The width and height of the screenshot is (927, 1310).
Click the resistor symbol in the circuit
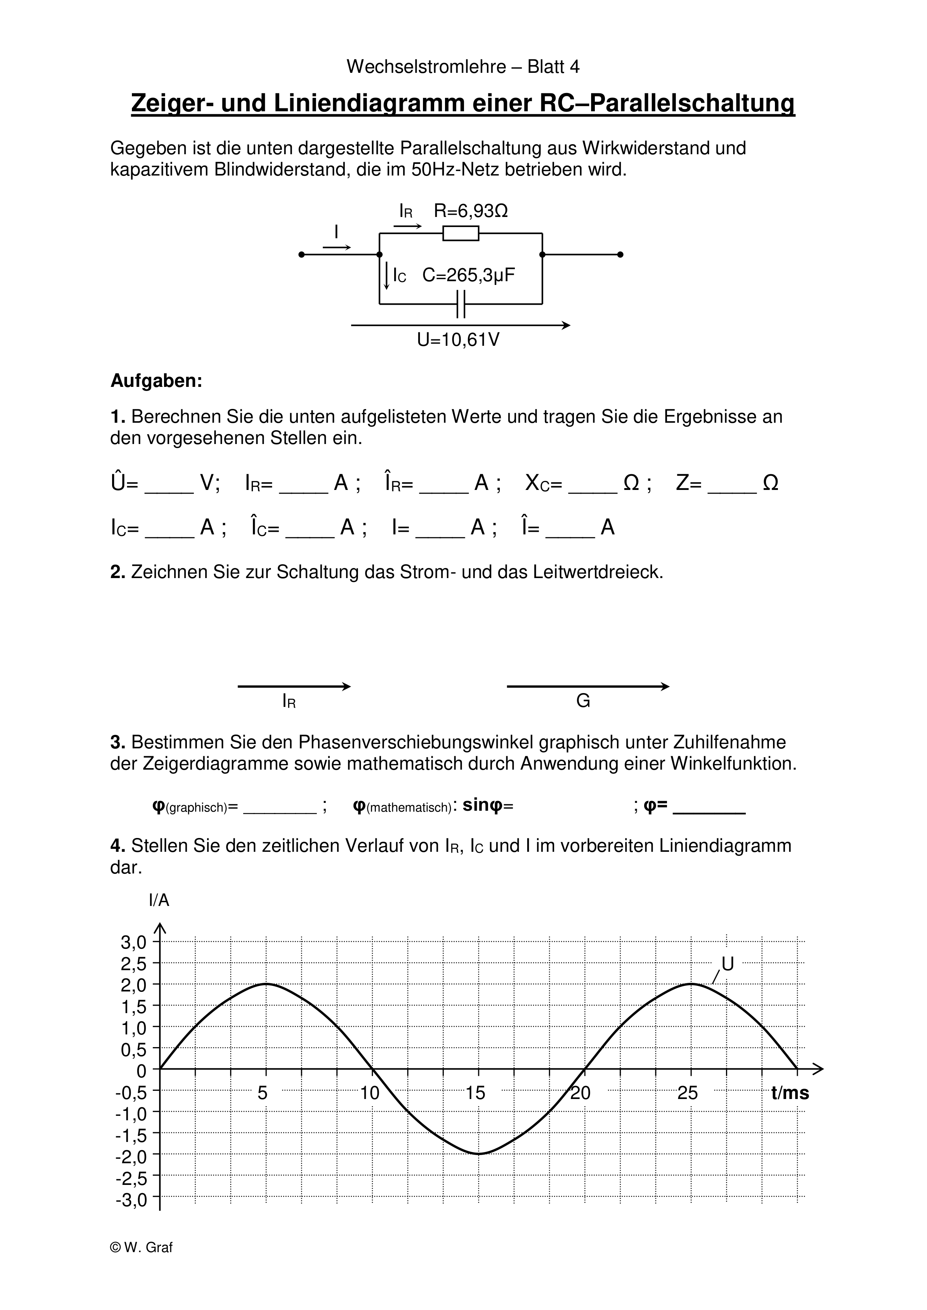[461, 233]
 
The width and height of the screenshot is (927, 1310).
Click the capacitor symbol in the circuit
[461, 304]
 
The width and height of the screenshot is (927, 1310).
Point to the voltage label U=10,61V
[458, 340]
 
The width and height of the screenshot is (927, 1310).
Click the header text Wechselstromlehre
[426, 67]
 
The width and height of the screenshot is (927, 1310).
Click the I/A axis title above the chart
[159, 900]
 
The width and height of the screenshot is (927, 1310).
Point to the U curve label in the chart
[728, 964]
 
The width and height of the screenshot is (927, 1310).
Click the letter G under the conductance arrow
[583, 701]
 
